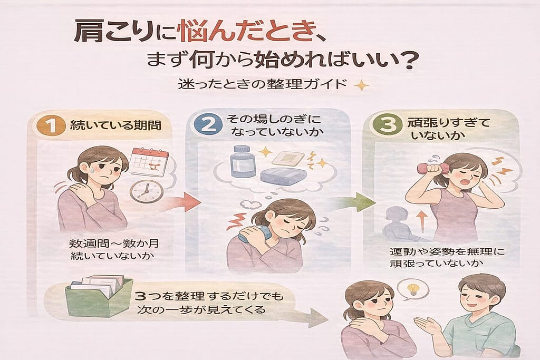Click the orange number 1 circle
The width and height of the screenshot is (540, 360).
51,125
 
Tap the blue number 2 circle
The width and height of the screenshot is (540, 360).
208,124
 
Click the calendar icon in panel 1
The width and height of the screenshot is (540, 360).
149,162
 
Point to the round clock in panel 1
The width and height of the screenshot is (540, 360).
147,191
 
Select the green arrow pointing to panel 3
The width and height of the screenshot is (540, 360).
356,202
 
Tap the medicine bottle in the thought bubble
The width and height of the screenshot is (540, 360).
243,161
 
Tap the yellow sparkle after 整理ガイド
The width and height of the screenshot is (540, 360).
361,85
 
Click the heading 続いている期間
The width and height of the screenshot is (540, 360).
115,125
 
